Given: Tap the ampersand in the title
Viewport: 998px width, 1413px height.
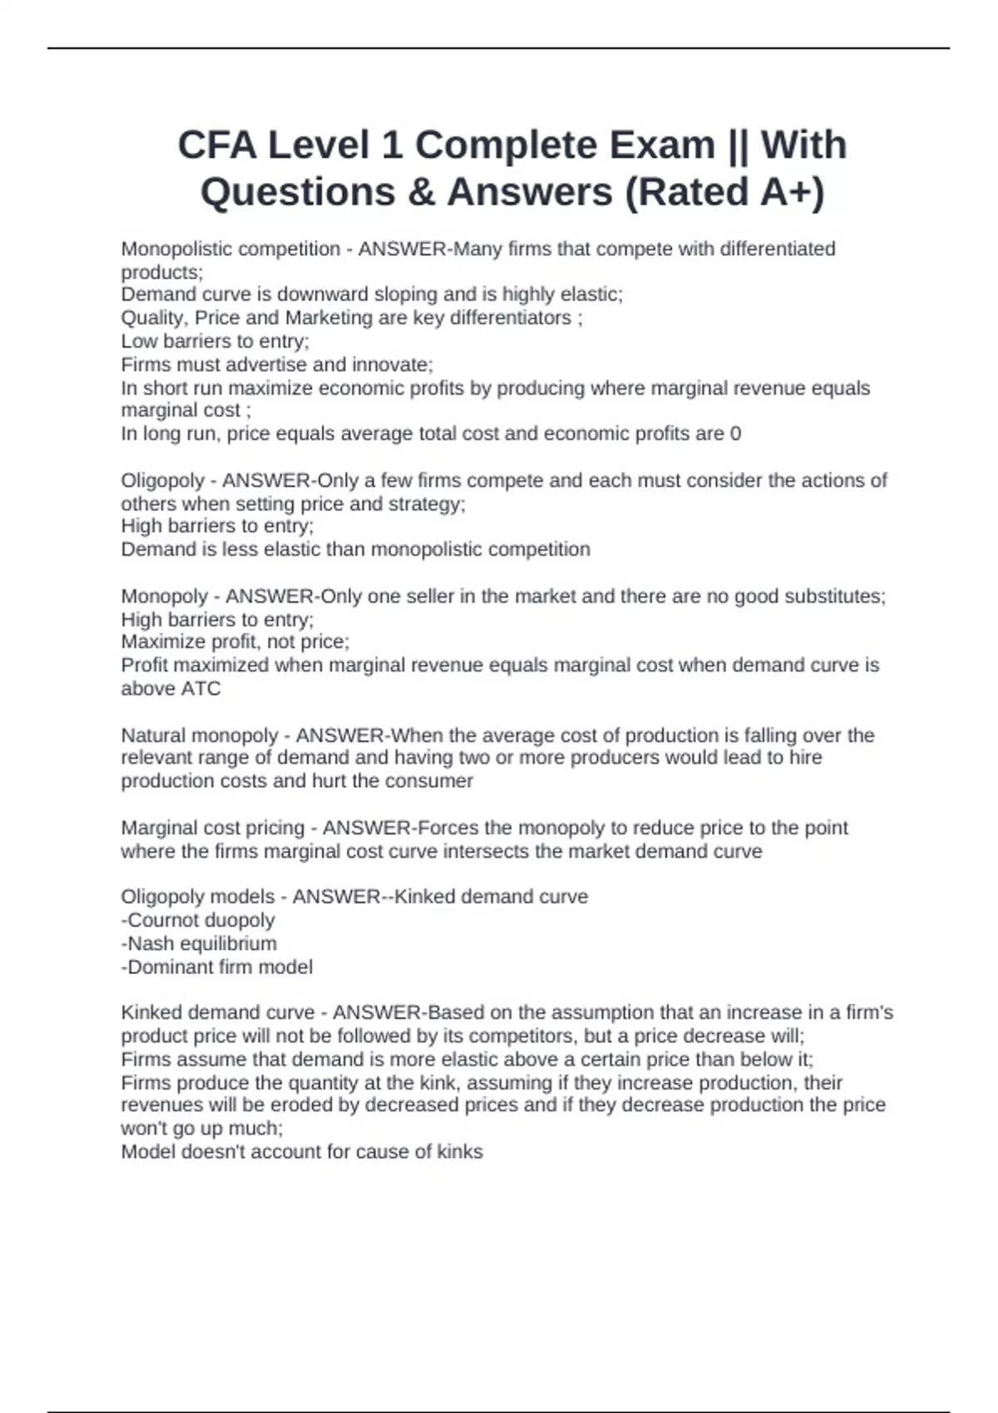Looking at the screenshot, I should click(x=422, y=192).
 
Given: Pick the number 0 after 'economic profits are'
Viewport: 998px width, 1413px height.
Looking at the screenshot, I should click(x=735, y=433).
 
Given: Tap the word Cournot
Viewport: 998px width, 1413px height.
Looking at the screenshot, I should click(x=163, y=920).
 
